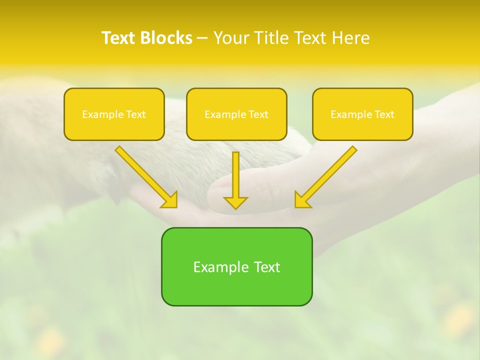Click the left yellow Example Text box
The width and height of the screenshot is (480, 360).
(x=114, y=114)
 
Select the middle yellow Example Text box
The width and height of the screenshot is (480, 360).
(x=236, y=114)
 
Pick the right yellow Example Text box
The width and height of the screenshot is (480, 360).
(x=362, y=114)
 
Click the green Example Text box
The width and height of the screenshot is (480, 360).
(x=236, y=266)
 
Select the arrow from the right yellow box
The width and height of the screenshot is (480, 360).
(x=327, y=175)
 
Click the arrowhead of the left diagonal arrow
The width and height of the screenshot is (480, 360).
(x=170, y=200)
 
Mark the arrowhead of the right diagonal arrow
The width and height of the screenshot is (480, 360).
(x=301, y=200)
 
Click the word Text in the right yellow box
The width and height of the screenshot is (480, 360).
(x=384, y=114)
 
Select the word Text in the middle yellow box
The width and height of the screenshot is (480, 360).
(x=258, y=114)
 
